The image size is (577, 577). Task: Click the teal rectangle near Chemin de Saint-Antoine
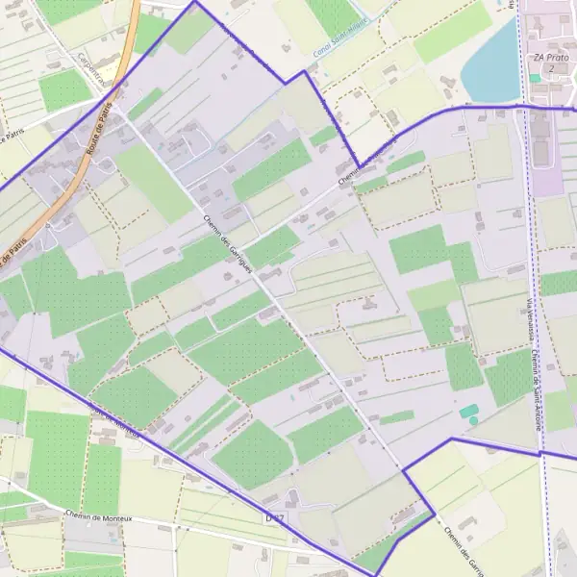click(x=468, y=411)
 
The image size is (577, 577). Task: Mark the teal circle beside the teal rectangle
click(x=473, y=420)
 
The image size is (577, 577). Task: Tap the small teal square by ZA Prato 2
click(x=535, y=78)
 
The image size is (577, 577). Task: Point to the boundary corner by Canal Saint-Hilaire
click(x=305, y=70)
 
